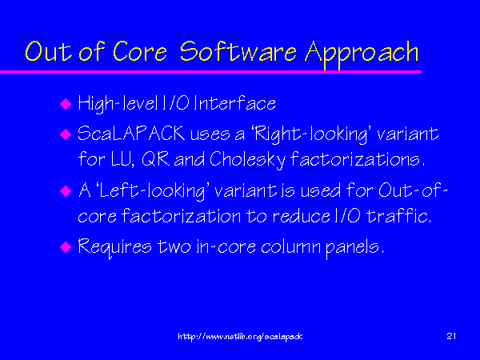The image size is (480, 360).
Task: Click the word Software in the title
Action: [238, 51]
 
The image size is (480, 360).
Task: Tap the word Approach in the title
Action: [362, 54]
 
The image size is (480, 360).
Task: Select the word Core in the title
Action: [140, 51]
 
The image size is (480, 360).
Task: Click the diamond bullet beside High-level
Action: [66, 104]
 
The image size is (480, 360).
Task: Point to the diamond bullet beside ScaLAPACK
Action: [66, 134]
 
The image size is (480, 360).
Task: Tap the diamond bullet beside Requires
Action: [66, 246]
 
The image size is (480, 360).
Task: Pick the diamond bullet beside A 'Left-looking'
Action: [66, 191]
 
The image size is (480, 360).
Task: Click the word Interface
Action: [234, 103]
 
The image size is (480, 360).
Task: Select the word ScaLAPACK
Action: [131, 134]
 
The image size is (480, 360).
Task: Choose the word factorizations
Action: [358, 159]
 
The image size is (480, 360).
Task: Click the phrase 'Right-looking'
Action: [310, 134]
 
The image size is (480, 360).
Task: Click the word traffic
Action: [398, 215]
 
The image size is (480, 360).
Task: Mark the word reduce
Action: [301, 216]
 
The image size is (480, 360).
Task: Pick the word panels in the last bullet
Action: [354, 248]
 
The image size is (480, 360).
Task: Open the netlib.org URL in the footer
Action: [240, 337]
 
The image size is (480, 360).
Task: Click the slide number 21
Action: [451, 336]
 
